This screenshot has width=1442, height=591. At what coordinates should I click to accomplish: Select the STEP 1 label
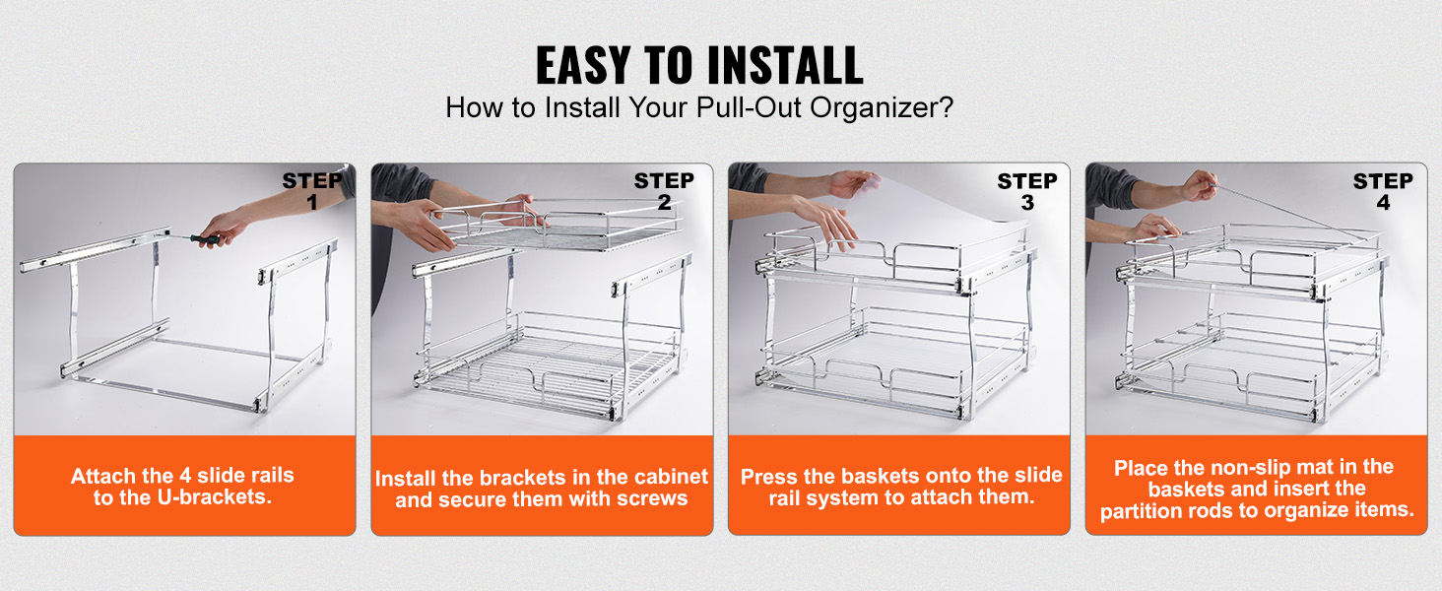coord(312,191)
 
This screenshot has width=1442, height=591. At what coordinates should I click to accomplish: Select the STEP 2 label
coord(664,191)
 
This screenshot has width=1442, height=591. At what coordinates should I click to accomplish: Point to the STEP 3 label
coord(1026,191)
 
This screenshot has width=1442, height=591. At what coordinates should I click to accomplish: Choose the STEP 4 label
coord(1383,191)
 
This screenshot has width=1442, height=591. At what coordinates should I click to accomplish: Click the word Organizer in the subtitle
coord(881,107)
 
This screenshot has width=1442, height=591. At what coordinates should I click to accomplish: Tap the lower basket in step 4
coord(1251,364)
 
